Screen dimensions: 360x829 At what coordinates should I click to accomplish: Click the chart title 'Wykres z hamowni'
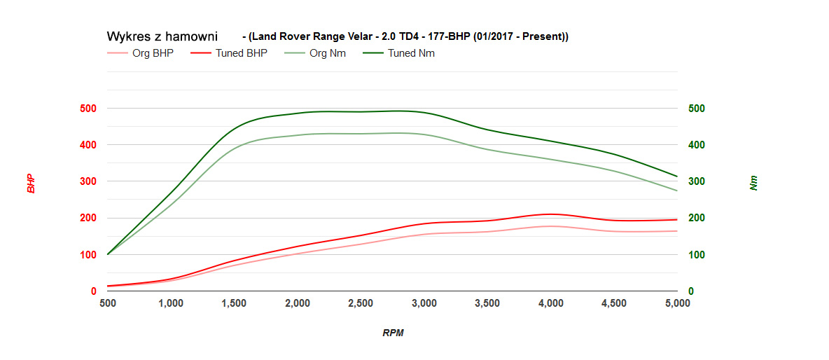[x=162, y=36]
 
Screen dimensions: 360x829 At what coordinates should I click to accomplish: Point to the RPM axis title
[x=393, y=333]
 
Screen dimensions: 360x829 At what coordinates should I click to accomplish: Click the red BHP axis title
[x=31, y=184]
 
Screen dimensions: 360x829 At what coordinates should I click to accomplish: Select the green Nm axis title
[x=753, y=184]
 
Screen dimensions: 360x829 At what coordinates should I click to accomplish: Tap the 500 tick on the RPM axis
[x=108, y=303]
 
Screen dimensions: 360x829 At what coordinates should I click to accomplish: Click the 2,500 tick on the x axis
[x=361, y=303]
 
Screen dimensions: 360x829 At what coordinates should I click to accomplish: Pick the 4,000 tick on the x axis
[x=551, y=303]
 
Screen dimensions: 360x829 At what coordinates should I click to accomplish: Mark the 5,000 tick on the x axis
[x=676, y=303]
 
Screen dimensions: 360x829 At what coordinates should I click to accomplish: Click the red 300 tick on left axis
[x=88, y=181]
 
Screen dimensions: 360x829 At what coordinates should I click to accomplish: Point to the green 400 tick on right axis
[x=696, y=145]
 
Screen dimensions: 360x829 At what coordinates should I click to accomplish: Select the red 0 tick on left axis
[x=92, y=291]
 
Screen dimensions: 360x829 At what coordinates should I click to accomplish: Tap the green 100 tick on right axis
[x=696, y=255]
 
